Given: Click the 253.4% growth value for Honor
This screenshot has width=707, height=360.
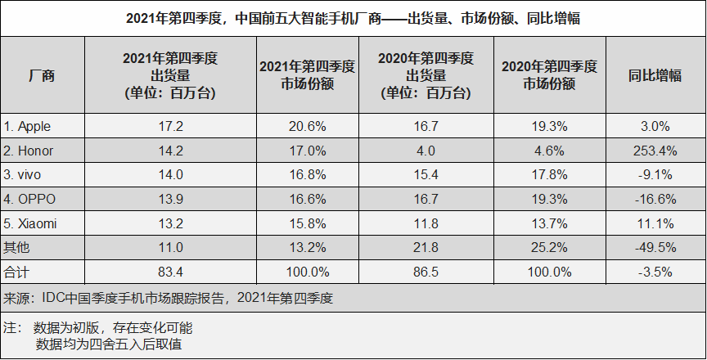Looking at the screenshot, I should point(655,151).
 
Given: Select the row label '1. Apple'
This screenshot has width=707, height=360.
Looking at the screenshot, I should point(29,127).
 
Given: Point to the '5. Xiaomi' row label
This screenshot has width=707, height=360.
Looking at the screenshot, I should point(31,222).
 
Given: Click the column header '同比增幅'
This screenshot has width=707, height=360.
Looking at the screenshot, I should point(655,75).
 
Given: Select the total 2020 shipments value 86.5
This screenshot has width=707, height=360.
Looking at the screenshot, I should point(426,269).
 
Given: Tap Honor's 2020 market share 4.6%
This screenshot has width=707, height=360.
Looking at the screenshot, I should point(548,151).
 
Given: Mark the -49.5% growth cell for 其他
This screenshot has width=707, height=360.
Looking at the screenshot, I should point(655,245).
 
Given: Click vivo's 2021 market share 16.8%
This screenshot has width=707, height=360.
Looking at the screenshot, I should point(298,174).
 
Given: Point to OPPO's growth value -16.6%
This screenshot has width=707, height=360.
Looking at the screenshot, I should point(655,198).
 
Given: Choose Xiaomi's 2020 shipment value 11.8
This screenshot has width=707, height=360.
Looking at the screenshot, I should point(426,222).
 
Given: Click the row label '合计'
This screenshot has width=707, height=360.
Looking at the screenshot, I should point(16,269).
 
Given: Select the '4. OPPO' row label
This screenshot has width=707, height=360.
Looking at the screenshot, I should point(29,198).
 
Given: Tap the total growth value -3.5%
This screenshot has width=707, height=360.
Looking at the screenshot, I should point(655,269).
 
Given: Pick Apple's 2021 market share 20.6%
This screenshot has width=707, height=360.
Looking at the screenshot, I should point(298,127).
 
